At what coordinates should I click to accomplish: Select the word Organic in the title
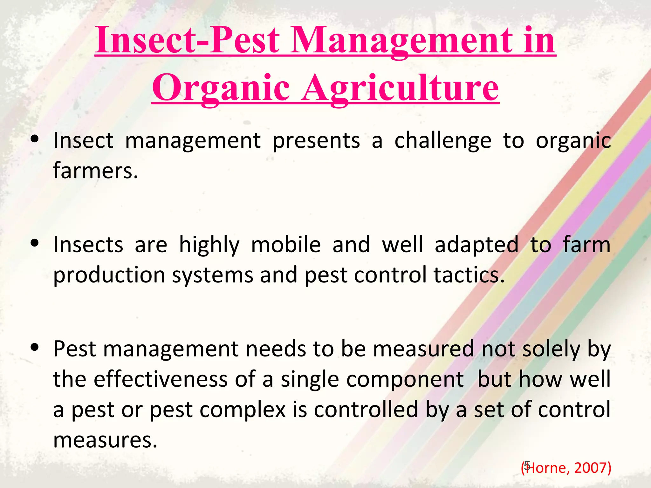221,88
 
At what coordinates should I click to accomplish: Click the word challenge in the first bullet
443,141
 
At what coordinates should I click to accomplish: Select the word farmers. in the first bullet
95,171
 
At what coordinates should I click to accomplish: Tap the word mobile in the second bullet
286,245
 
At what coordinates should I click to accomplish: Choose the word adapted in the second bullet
476,245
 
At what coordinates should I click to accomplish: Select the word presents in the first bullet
316,141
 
